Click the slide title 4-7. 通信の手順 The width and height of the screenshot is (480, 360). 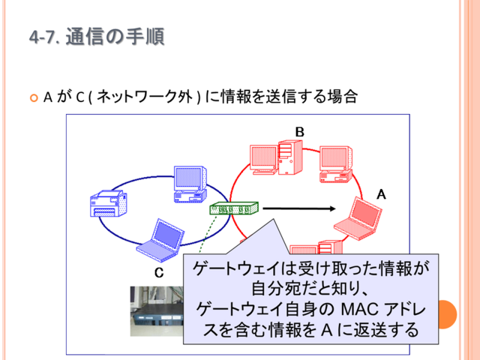click(97, 37)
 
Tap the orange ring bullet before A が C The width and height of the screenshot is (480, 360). click(34, 98)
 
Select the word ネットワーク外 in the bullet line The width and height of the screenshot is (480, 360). click(145, 97)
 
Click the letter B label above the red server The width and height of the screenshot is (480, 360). click(300, 132)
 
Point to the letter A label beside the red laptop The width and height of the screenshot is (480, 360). click(381, 194)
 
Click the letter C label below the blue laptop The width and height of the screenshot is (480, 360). click(159, 272)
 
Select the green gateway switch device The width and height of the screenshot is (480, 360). click(234, 208)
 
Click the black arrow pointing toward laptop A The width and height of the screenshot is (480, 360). click(299, 208)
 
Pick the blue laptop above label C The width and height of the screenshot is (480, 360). click(160, 240)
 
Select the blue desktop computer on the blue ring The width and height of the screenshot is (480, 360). click(190, 184)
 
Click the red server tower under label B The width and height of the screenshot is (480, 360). click(290, 157)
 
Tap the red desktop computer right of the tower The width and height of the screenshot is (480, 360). click(336, 164)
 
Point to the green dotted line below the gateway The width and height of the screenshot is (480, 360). click(208, 234)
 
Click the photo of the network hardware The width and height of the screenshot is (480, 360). click(157, 311)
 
